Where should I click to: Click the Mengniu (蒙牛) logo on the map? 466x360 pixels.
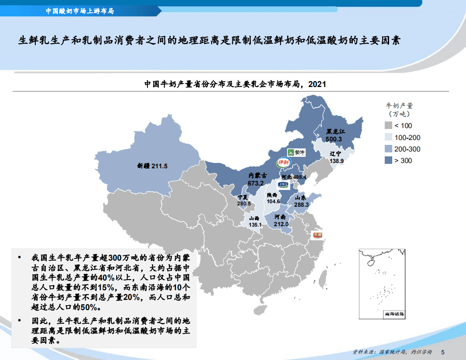pos(296,153)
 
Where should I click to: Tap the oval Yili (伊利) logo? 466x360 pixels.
pos(283,163)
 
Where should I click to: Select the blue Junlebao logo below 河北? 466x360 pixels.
pos(283,184)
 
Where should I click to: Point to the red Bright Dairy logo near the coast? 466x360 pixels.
pos(318,235)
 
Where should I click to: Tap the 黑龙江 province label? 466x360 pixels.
pos(335,132)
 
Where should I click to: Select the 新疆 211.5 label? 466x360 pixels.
pos(152,167)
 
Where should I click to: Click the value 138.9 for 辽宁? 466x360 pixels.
pos(336,161)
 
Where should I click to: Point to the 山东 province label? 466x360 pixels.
pos(300,198)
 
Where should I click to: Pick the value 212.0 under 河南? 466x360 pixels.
pos(281,224)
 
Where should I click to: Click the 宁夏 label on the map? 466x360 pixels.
pos(242,197)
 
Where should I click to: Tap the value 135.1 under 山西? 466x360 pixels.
pos(255,225)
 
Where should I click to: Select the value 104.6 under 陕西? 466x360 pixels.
pos(273,201)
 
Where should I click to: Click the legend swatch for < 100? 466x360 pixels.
pos(388,125)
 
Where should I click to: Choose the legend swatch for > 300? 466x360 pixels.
pos(388,160)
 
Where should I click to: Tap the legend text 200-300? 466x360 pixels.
pos(407,149)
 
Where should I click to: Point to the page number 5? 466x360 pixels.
pos(443,352)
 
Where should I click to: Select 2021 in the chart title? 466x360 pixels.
pos(317,83)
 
